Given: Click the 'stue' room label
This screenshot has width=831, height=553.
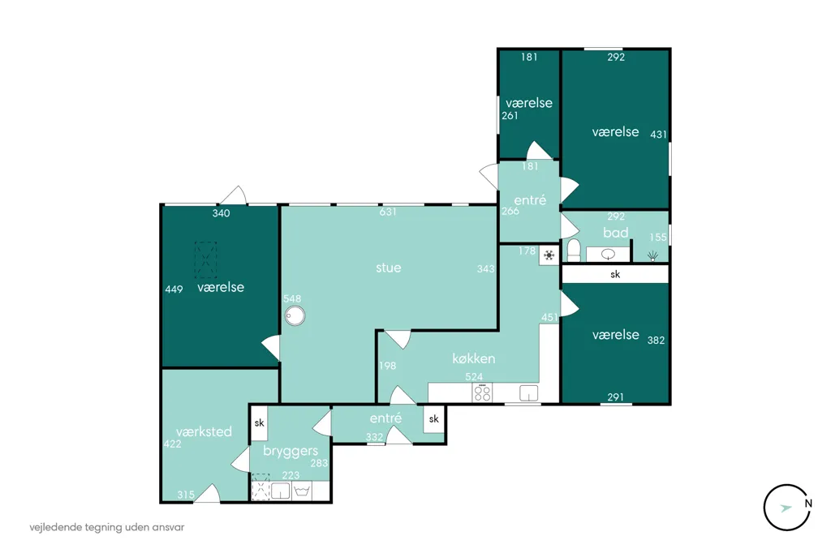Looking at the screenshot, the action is [x=389, y=268].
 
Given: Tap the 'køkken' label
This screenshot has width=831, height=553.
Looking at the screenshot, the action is [x=474, y=358].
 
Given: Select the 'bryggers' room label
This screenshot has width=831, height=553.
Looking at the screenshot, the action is [x=291, y=452].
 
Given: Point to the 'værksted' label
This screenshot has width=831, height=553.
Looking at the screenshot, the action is [x=204, y=431].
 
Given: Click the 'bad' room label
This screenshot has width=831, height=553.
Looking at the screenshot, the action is [x=616, y=233].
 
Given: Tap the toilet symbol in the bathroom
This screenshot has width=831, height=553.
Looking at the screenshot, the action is [x=574, y=250].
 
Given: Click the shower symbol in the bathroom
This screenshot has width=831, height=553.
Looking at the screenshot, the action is [x=653, y=256].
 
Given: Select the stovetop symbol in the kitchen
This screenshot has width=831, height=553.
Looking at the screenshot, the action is [x=482, y=392].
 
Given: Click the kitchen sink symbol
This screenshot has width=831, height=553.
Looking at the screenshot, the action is [x=528, y=393].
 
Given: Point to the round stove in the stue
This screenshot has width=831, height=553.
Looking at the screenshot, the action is [x=295, y=316].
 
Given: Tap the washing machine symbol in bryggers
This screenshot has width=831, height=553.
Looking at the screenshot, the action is [x=302, y=491].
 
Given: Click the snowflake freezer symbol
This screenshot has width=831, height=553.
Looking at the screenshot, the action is [x=549, y=256].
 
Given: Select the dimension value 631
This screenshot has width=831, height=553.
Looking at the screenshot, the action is [x=388, y=212].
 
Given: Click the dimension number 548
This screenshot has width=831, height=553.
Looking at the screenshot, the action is [x=292, y=298].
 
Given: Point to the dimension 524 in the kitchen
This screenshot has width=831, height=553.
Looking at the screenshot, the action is [x=474, y=376].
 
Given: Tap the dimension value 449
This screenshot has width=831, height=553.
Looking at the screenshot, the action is [x=174, y=289].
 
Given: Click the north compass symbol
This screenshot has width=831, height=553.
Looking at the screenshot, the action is [x=788, y=508].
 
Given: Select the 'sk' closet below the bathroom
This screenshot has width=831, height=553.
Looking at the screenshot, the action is [x=615, y=274].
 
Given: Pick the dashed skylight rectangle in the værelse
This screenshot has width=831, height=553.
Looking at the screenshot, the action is [x=205, y=259].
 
